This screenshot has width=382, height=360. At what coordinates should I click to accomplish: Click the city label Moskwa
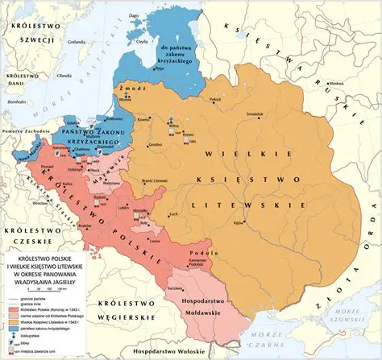[x=336, y=83]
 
